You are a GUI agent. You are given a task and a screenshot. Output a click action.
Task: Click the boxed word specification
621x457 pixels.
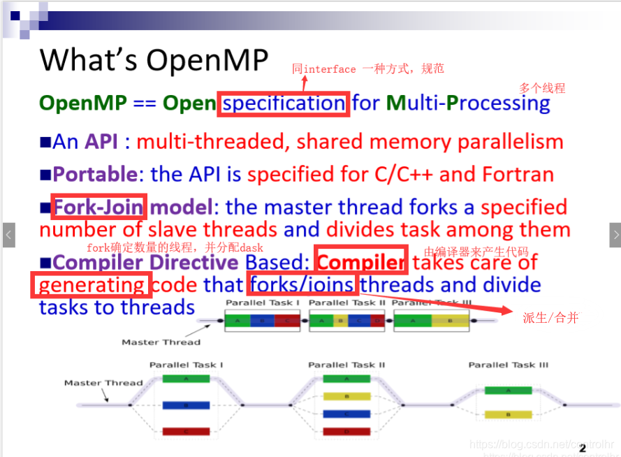point(284,103)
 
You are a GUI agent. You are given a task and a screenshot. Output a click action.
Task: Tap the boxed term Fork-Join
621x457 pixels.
point(98,207)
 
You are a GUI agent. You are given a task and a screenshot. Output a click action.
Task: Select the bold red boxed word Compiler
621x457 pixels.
point(361,261)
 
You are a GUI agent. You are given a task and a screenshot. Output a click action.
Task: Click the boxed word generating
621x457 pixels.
point(91,285)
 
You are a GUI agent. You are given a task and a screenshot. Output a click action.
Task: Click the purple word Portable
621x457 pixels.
point(94,174)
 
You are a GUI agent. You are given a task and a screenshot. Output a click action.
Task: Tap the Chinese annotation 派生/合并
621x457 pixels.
point(550,318)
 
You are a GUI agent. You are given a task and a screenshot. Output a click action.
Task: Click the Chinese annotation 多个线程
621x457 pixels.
point(541,88)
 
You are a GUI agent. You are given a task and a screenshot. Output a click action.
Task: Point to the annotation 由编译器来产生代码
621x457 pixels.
point(476,252)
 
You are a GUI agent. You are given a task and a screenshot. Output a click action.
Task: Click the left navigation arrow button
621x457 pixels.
point(8,235)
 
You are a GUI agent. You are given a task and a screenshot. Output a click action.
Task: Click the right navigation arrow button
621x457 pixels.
point(614,235)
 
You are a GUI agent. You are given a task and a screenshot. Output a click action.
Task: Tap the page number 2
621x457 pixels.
point(582,429)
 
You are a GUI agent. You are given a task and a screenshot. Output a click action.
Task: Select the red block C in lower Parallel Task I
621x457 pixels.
point(186,431)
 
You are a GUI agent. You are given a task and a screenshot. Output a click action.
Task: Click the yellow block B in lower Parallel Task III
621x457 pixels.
point(508,414)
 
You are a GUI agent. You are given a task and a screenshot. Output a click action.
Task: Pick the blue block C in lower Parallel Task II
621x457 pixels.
point(346,414)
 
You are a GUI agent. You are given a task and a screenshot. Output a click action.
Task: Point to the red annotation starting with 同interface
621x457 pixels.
point(367,68)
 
